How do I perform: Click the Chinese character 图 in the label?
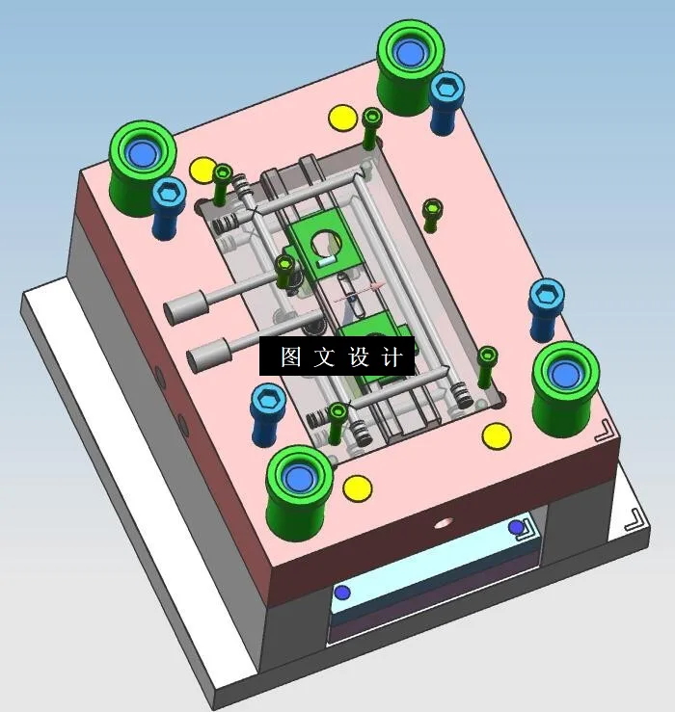tap(290, 357)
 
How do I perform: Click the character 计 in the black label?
tap(391, 357)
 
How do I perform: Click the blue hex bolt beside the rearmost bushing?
tap(445, 101)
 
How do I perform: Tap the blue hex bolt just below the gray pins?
tap(266, 412)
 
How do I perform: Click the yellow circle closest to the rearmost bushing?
tap(342, 119)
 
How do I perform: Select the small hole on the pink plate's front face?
tap(443, 523)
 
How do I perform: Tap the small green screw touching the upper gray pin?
tap(285, 271)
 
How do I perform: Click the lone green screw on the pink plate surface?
tap(432, 214)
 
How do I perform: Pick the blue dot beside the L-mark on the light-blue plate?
tap(516, 527)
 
